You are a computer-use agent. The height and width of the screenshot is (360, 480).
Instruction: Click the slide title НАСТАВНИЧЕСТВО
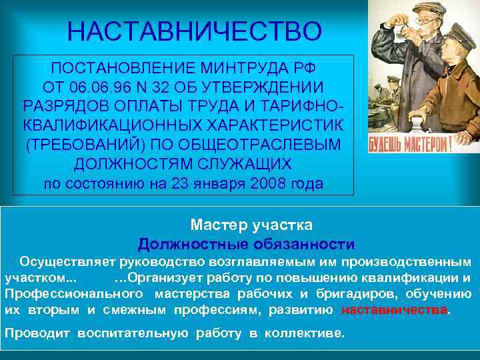point(195,31)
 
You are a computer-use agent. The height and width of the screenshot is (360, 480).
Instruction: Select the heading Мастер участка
point(251,225)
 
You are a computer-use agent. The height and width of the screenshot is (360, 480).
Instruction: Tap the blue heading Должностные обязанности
point(246,244)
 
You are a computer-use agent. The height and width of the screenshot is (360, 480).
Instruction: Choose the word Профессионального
point(73,294)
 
